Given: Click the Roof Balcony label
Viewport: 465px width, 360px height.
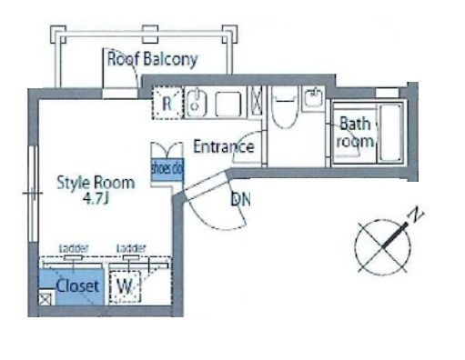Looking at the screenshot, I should coord(153,61).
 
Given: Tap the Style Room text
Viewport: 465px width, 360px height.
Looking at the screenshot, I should coord(96,182).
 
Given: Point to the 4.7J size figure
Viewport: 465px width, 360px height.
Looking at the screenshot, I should coord(96,198).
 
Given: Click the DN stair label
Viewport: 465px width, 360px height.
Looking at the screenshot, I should coord(241,199).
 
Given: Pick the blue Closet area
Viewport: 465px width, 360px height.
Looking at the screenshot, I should coord(73,285).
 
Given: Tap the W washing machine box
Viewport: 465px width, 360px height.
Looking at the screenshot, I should coord(125,286).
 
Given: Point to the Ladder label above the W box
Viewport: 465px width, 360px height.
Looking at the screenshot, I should coord(132,248).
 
